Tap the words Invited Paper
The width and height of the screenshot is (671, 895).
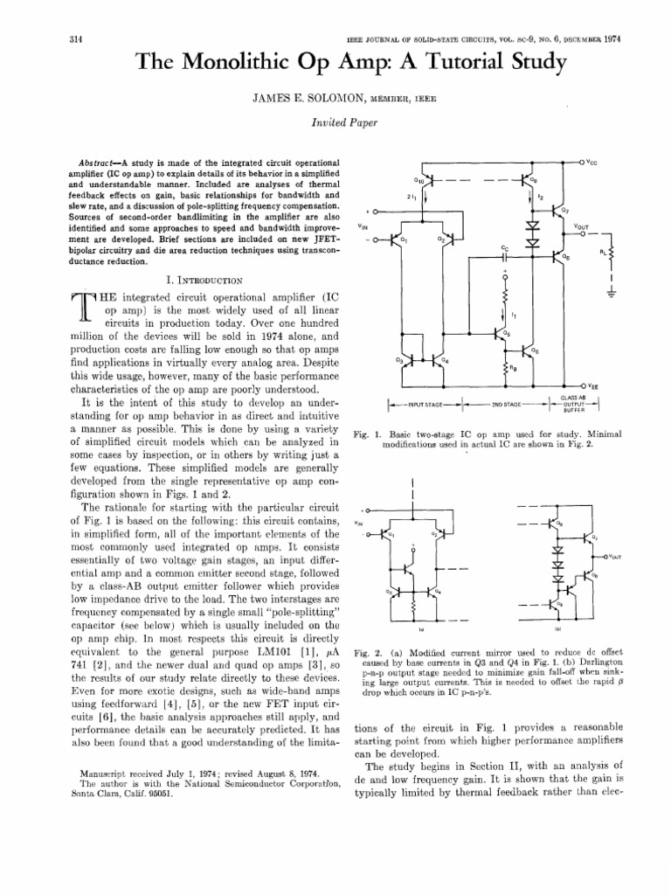click(335, 125)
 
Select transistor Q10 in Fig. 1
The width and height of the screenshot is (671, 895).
click(419, 180)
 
